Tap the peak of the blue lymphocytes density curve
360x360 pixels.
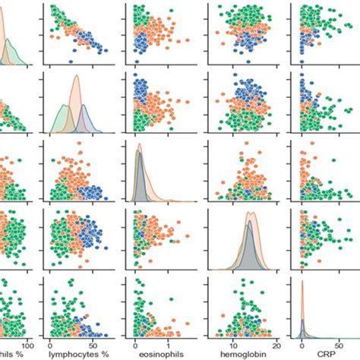[x=88, y=103]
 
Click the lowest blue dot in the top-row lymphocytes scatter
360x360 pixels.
[x=70, y=61]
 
